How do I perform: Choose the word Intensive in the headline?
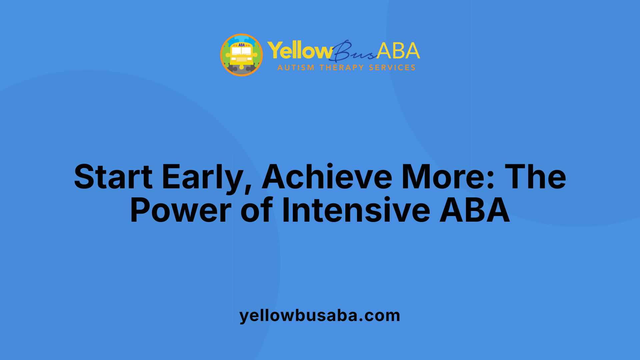[x=356, y=210]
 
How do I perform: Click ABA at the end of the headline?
[x=475, y=210]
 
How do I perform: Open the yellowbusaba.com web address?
[x=320, y=315]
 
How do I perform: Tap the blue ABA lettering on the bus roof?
[x=241, y=45]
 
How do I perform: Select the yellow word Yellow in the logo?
[x=299, y=51]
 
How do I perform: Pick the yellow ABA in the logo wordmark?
[x=398, y=51]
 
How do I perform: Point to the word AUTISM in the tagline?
[x=296, y=68]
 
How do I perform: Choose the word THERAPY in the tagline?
[x=342, y=68]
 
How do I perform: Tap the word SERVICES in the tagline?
[x=392, y=68]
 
